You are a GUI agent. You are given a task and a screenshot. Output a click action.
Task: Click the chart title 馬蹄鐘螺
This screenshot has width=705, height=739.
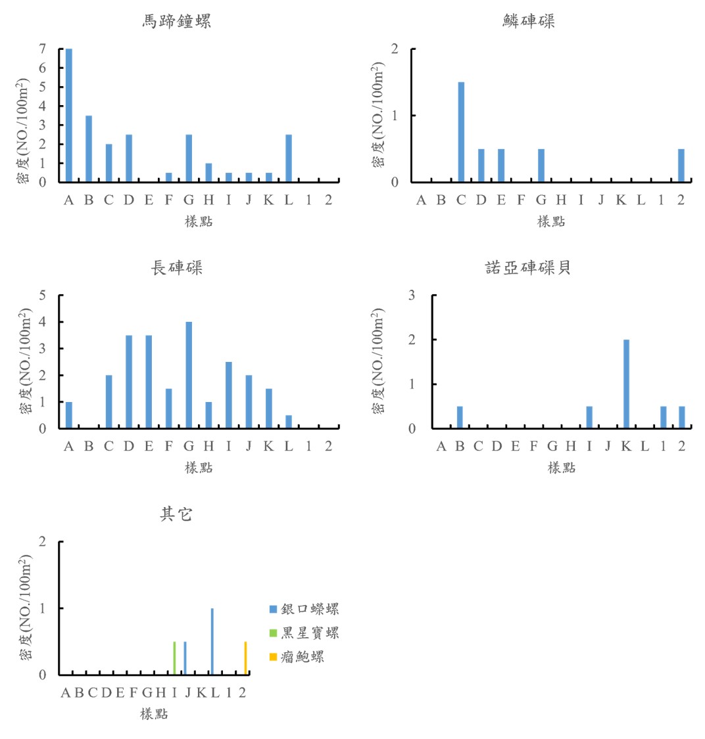click(176, 22)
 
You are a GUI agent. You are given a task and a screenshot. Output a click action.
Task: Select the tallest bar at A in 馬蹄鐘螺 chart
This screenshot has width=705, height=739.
click(69, 115)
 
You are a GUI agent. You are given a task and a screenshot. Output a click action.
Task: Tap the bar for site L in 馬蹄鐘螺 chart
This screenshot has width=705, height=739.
click(289, 158)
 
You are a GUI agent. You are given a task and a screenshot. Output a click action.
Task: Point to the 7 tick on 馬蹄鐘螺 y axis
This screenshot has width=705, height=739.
click(43, 49)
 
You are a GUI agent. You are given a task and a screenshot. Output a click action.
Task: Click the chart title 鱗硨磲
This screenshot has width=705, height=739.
click(529, 22)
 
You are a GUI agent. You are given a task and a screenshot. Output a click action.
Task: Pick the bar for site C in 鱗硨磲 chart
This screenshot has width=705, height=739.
click(461, 131)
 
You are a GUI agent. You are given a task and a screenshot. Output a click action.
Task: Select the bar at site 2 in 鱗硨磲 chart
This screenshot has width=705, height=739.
click(681, 166)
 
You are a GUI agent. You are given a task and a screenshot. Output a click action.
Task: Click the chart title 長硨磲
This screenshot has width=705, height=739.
click(176, 268)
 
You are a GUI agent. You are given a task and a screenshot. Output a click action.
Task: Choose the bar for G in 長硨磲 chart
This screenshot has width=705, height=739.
click(189, 374)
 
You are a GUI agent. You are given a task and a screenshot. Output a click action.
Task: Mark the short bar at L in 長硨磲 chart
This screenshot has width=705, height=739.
click(289, 422)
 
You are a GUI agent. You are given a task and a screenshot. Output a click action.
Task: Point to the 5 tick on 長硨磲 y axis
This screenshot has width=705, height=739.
click(43, 296)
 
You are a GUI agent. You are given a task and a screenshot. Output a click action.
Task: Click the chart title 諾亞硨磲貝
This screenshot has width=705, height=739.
click(529, 268)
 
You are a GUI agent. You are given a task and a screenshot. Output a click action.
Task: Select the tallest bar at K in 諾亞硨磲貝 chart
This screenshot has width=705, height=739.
click(626, 384)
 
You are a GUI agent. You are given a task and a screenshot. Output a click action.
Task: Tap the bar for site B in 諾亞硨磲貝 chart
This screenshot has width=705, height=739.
click(460, 417)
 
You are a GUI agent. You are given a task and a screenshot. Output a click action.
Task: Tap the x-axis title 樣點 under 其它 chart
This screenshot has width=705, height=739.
click(154, 714)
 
